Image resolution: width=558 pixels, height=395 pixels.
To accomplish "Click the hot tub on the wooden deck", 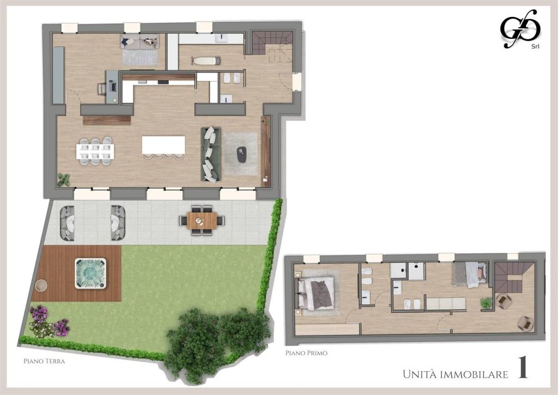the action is (x=91, y=273).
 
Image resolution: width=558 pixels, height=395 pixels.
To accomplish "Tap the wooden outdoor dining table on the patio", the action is (x=202, y=220).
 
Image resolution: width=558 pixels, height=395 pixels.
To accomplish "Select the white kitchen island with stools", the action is (x=163, y=145).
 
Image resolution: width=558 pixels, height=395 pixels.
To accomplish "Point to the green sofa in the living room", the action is (x=211, y=154).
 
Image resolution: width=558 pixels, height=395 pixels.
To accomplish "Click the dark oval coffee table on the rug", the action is (x=242, y=154).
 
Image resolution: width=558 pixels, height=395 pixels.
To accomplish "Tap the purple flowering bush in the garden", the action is (x=48, y=322).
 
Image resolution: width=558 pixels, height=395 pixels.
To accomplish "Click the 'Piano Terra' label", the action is (x=44, y=361).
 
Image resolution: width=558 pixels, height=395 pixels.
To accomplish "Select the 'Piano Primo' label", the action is (x=306, y=353).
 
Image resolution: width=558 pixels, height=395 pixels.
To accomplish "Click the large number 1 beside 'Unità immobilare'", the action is (x=523, y=368).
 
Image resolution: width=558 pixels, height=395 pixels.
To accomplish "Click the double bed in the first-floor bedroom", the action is (x=316, y=293).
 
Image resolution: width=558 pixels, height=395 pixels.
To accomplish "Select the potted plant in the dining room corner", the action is (x=64, y=180).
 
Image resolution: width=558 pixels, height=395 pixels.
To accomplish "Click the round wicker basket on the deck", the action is (x=41, y=286).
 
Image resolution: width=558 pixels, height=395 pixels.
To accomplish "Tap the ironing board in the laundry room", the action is (x=205, y=61).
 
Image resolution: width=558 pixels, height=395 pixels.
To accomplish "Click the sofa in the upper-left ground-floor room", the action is (x=139, y=41).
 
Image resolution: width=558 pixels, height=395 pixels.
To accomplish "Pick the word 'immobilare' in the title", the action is (x=474, y=374).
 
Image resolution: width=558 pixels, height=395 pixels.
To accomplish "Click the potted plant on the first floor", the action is (x=486, y=303).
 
